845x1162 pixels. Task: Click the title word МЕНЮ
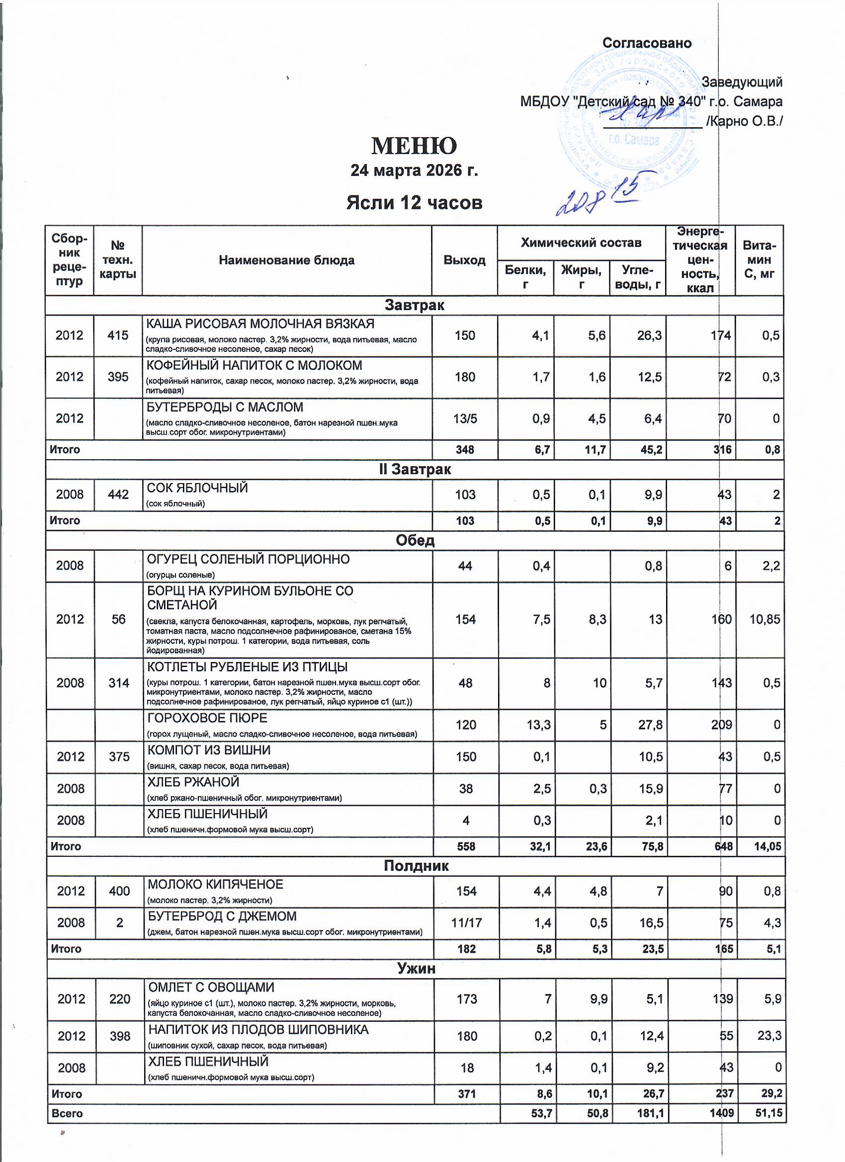pyautogui.click(x=414, y=146)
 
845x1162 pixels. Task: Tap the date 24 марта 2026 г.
pyautogui.click(x=414, y=170)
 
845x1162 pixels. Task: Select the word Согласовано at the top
pyautogui.click(x=647, y=43)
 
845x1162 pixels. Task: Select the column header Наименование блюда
pyautogui.click(x=286, y=260)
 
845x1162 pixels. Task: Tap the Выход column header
pyautogui.click(x=464, y=260)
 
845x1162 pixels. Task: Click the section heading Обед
pyautogui.click(x=415, y=541)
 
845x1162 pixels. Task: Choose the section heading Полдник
pyautogui.click(x=416, y=866)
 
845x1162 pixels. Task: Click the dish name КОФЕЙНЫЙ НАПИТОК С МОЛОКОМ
pyautogui.click(x=254, y=365)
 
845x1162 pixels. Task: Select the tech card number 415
pyautogui.click(x=118, y=335)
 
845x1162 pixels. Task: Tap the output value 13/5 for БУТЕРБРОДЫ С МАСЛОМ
pyautogui.click(x=464, y=418)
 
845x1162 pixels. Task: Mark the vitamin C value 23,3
pyautogui.click(x=769, y=1036)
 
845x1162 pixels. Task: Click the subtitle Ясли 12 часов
pyautogui.click(x=414, y=203)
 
